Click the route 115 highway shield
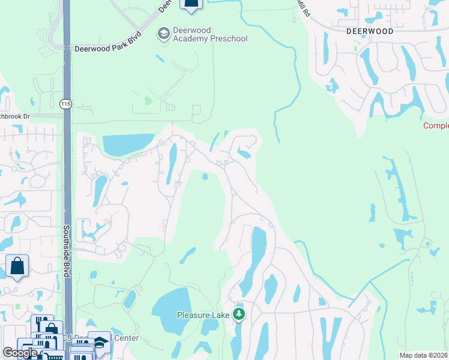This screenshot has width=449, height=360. tap(66, 104)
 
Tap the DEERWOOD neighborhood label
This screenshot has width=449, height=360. tap(370, 31)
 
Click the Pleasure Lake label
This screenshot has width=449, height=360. tap(204, 314)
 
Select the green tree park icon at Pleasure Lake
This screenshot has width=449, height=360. tap(240, 314)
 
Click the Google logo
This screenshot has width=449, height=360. tap(20, 353)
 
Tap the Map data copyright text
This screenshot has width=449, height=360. tap(423, 355)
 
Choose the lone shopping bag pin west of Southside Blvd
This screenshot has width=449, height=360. tap(17, 265)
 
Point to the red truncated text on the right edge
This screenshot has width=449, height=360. tap(436, 125)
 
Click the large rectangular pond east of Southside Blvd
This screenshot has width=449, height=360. tap(128, 144)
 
